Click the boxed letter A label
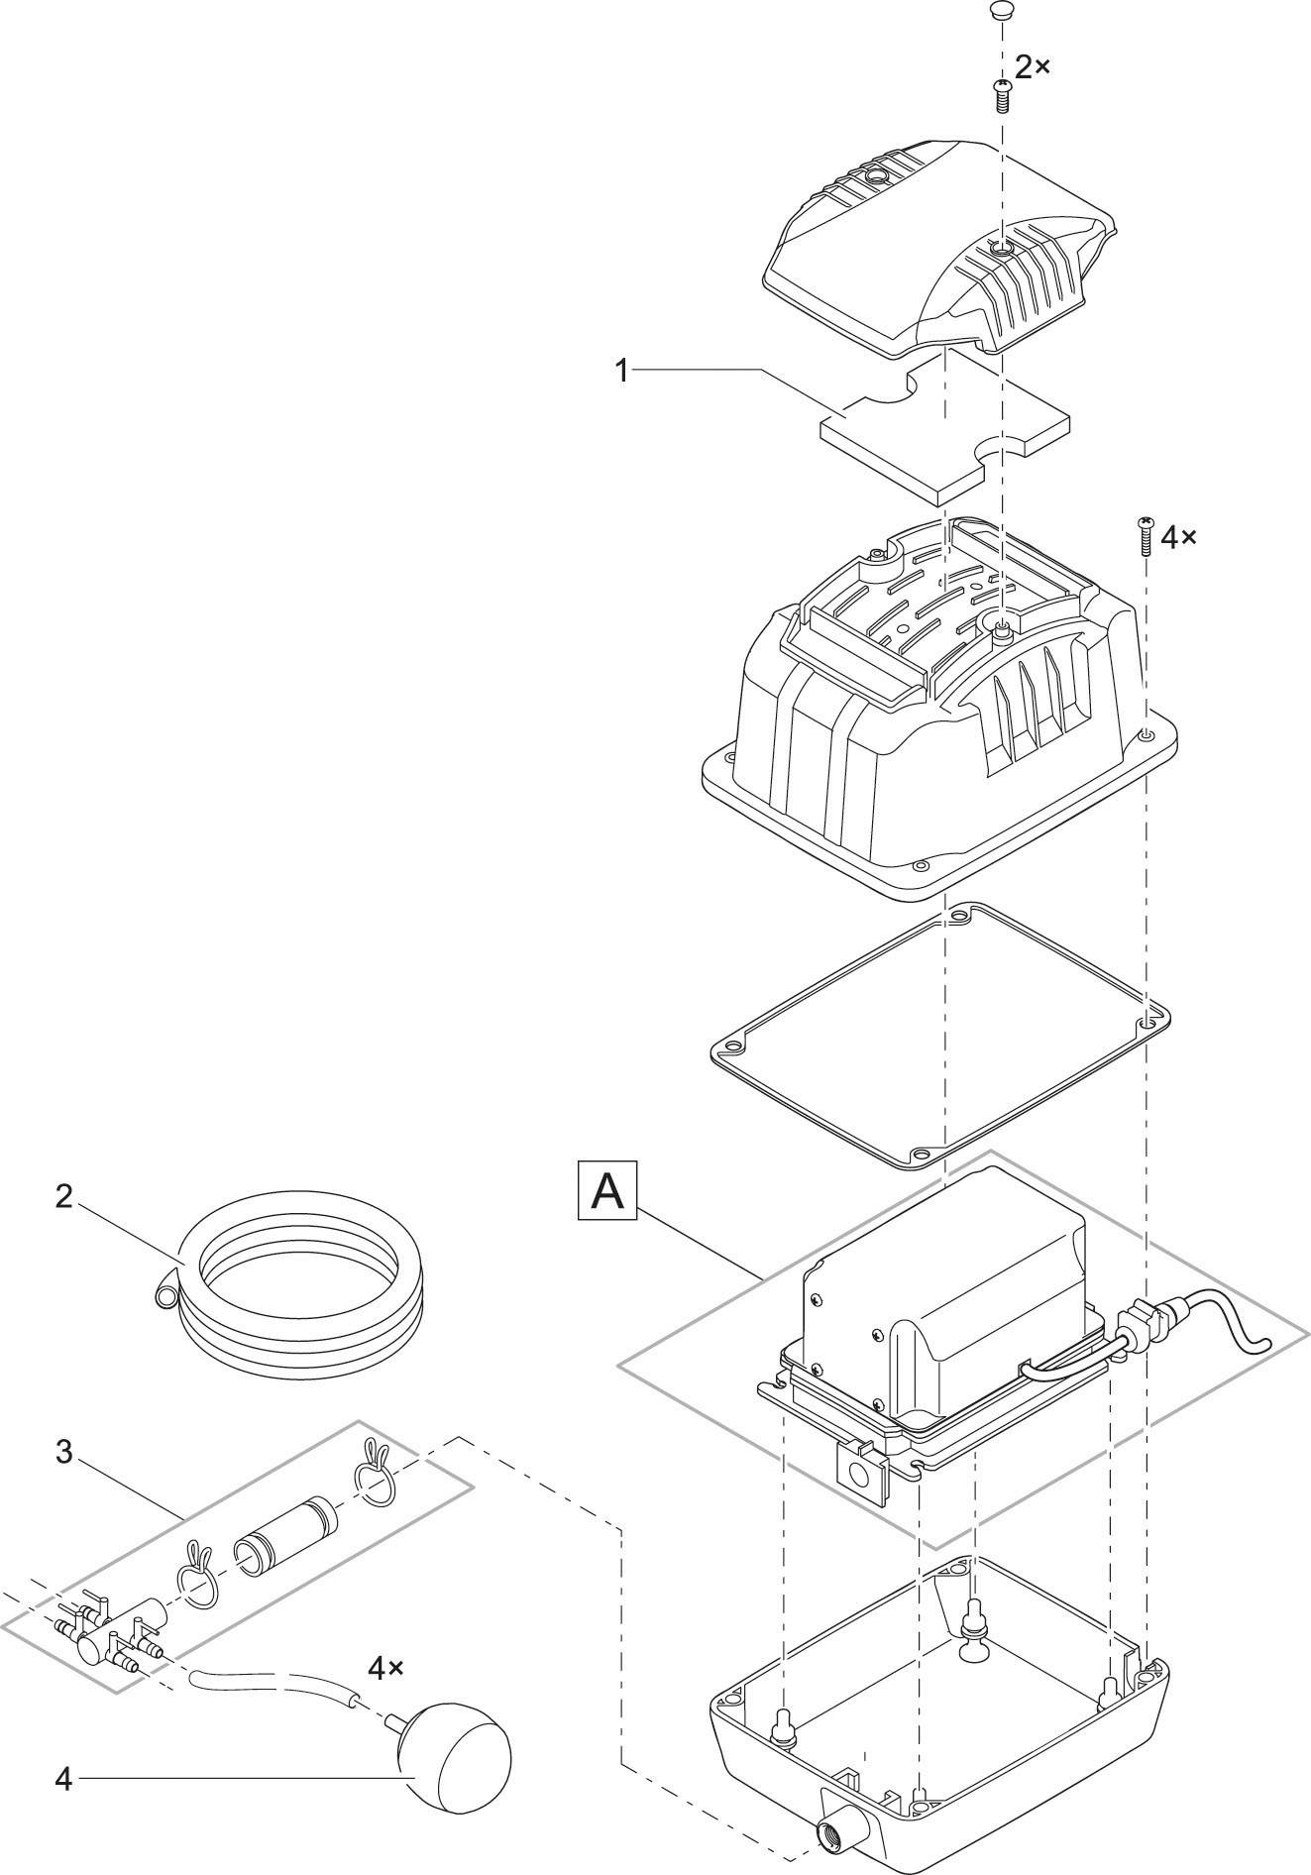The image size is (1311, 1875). pos(606,1193)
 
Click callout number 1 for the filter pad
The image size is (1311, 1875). pos(621,372)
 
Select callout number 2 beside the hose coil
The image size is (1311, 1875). pos(63,1197)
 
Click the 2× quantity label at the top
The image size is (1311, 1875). pos(1032,67)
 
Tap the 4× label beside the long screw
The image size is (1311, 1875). pos(1178,538)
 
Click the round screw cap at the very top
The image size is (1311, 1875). pos(1000,13)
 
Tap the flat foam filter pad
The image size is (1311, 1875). pos(945,436)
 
